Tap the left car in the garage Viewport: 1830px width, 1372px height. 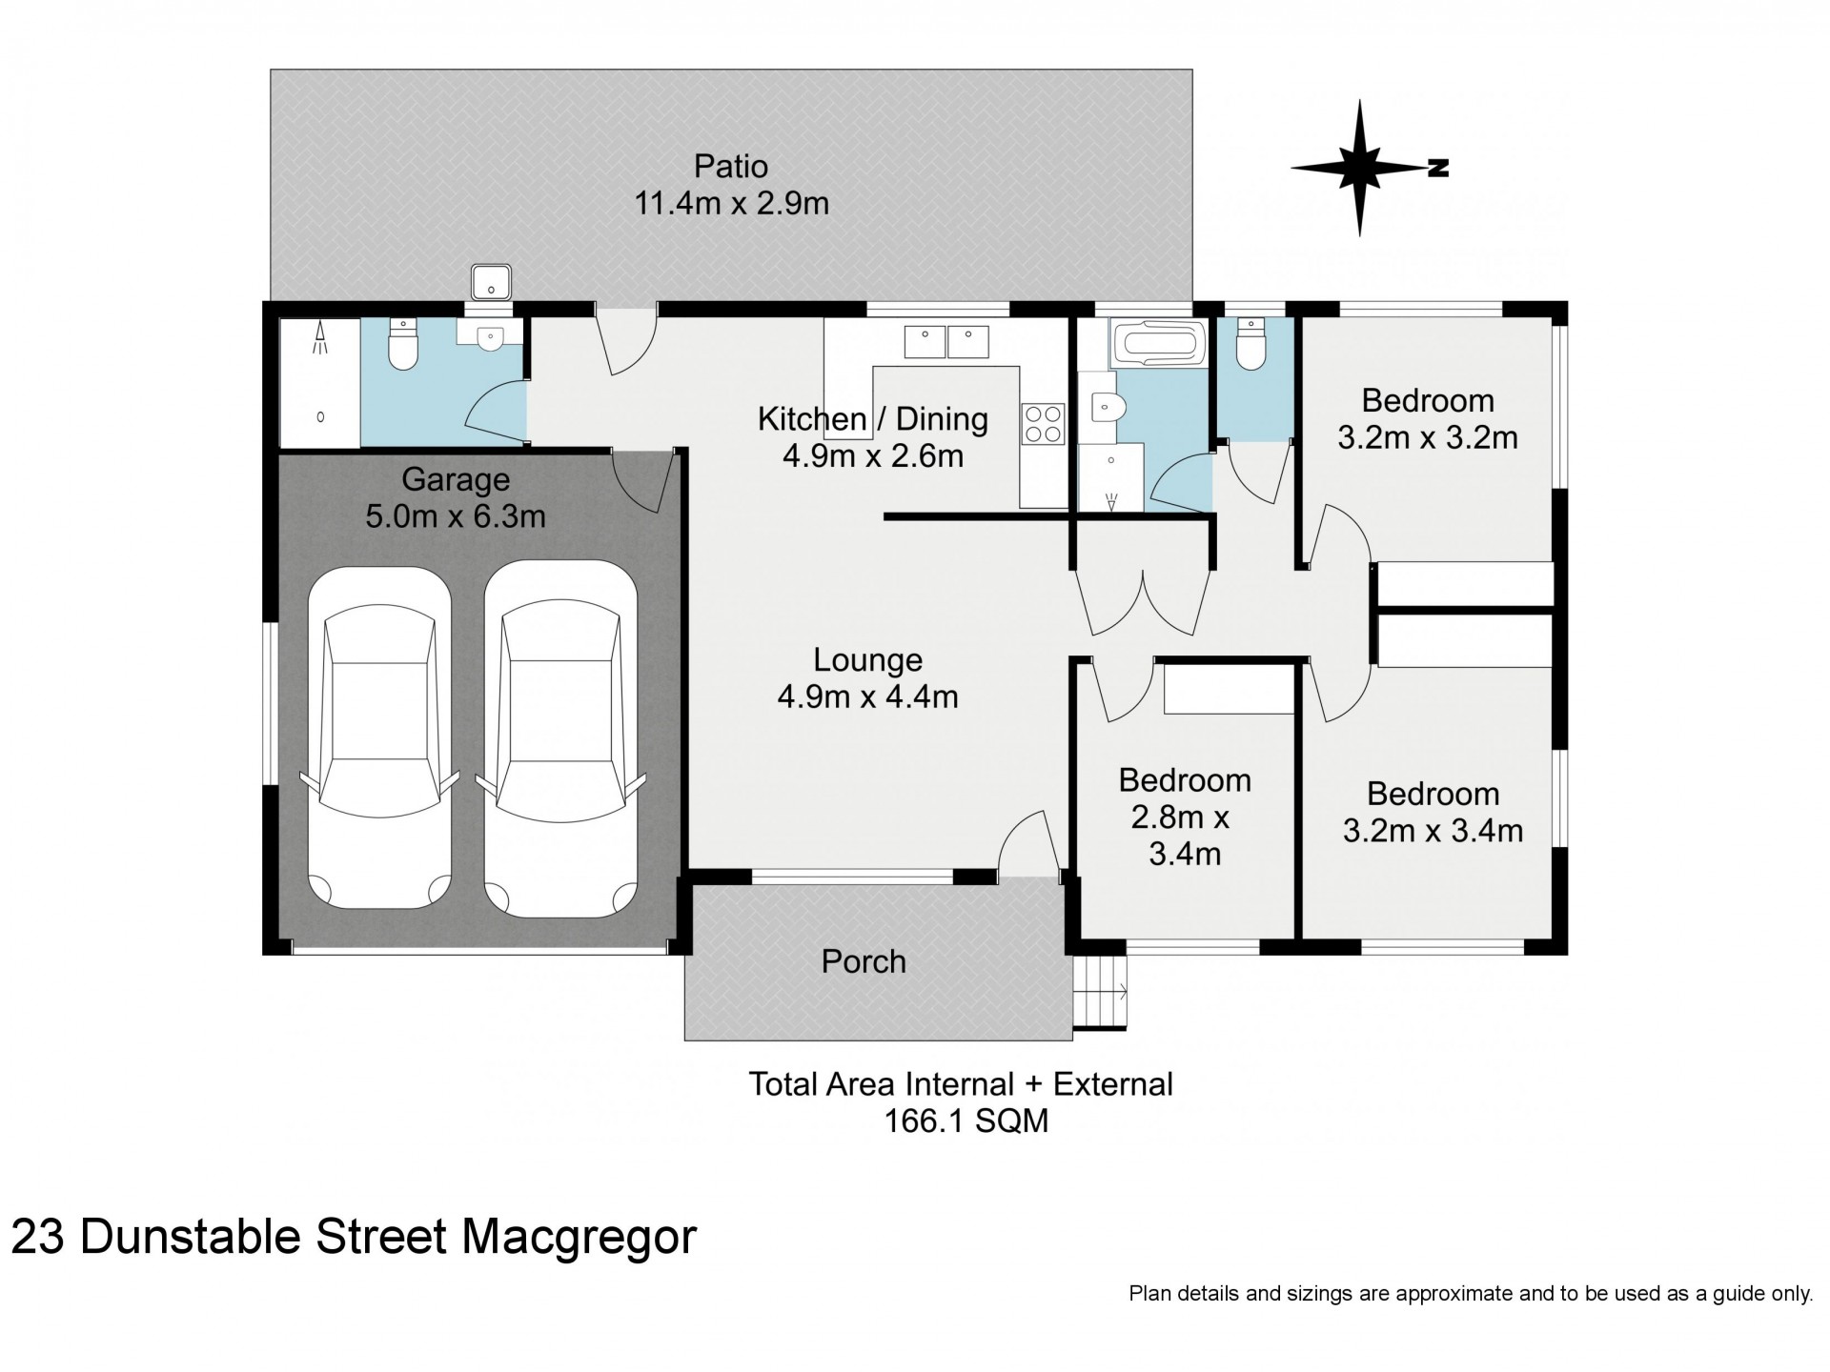tap(378, 737)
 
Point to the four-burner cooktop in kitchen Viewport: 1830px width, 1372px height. tap(1042, 424)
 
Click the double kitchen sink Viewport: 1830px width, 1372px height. tap(947, 341)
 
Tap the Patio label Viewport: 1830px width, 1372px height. tap(731, 167)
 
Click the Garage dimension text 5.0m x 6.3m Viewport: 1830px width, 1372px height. tap(456, 516)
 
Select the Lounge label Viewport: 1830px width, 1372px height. tap(867, 659)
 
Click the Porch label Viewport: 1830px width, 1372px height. tap(864, 961)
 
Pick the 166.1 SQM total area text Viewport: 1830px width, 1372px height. tap(966, 1120)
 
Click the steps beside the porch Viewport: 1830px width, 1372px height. tap(1100, 992)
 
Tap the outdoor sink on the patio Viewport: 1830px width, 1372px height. tap(492, 282)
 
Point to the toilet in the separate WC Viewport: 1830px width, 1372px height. tap(1249, 345)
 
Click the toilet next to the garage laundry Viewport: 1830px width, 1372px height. tap(404, 345)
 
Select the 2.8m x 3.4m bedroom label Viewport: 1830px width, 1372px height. tap(1185, 835)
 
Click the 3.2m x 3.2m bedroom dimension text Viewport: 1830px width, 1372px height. tap(1427, 437)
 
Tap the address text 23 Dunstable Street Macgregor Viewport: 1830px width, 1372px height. tap(354, 1238)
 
